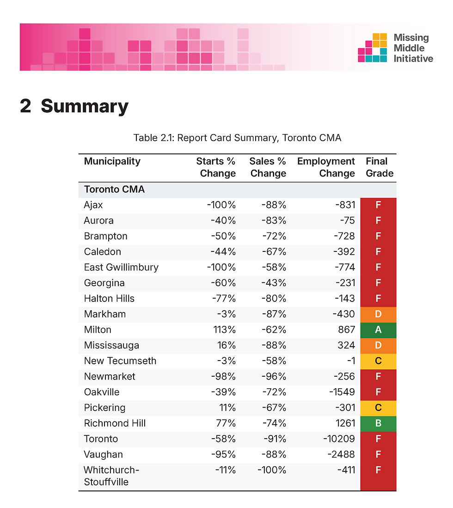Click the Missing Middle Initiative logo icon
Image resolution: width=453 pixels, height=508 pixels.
[373, 48]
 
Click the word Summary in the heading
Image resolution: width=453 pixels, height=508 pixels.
[85, 106]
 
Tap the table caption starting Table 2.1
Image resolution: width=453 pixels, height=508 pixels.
[237, 138]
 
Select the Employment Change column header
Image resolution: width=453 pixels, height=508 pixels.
[326, 167]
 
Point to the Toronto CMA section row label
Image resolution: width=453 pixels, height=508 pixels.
[114, 190]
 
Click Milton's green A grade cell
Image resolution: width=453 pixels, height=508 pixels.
[378, 330]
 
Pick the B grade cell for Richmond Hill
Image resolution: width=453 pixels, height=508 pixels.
[378, 423]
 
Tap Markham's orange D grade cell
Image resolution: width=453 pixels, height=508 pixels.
[378, 314]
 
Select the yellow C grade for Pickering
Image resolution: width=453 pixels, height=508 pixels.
[378, 408]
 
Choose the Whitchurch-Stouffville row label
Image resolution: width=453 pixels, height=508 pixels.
[111, 476]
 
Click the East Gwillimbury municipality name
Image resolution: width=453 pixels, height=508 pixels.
[121, 267]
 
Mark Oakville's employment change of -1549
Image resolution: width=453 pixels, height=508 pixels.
[342, 392]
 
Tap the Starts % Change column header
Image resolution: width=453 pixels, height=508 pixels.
[216, 167]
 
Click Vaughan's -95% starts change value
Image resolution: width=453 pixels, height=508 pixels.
[223, 454]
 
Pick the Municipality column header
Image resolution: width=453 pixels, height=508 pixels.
[112, 161]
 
